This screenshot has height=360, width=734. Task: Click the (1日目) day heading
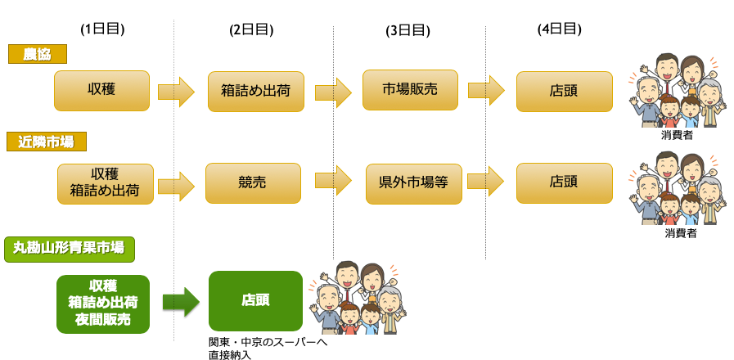coord(102,29)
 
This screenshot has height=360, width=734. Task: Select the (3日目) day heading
coord(408,30)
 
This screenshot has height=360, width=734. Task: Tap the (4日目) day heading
coord(560,29)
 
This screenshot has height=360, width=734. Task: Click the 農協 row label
coord(38,54)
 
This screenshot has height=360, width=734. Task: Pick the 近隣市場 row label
coord(47,142)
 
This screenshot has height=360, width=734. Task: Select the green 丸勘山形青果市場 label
coord(70,249)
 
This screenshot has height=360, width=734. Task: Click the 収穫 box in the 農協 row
coord(101,91)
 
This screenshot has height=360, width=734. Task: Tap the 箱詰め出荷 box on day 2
coord(255,92)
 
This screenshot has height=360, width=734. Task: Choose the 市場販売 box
coord(410,90)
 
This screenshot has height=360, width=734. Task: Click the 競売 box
coord(253,183)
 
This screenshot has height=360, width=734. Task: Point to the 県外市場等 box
coord(413,183)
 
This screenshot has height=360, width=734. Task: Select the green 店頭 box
coord(255,300)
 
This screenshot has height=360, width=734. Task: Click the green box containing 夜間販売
coord(103,304)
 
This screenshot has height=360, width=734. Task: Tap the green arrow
coord(181,303)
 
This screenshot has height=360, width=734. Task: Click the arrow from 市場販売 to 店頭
coord(486,90)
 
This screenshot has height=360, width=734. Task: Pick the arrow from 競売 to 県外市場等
coord(333,181)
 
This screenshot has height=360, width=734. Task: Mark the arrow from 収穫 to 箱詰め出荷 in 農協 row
coord(176,92)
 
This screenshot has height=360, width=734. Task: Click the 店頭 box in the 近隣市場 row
coord(564,183)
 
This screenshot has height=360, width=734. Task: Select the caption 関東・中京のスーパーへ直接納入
coord(268,349)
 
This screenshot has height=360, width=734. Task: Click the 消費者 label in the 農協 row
coord(677,136)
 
